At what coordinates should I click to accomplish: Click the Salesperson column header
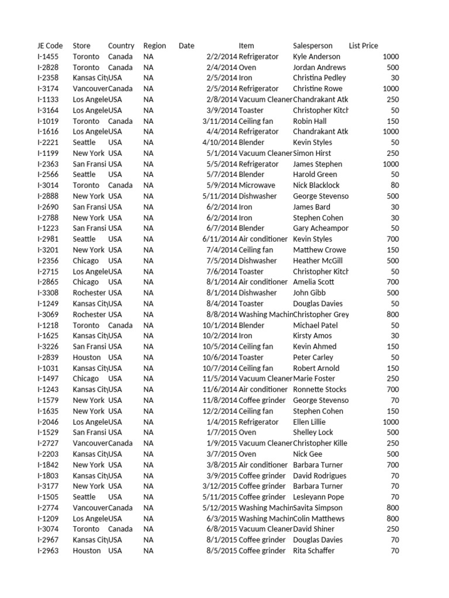click(x=312, y=46)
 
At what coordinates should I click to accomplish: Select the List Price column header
click(x=363, y=46)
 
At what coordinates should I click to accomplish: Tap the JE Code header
click(x=50, y=46)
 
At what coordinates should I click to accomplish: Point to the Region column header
click(x=154, y=46)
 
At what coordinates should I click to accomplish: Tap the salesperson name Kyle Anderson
click(x=316, y=57)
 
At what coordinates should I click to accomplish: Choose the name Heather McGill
click(x=317, y=260)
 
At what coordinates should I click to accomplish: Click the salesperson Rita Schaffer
click(x=313, y=551)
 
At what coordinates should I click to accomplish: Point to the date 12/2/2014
click(x=220, y=411)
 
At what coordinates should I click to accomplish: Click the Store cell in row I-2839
click(x=87, y=357)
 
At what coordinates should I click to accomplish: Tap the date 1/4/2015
click(x=222, y=422)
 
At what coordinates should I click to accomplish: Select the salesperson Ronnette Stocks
click(x=319, y=390)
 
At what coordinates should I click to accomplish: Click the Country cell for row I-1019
click(x=120, y=121)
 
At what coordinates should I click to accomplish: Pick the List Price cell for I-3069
click(x=392, y=314)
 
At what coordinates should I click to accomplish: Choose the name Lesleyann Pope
click(x=318, y=497)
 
